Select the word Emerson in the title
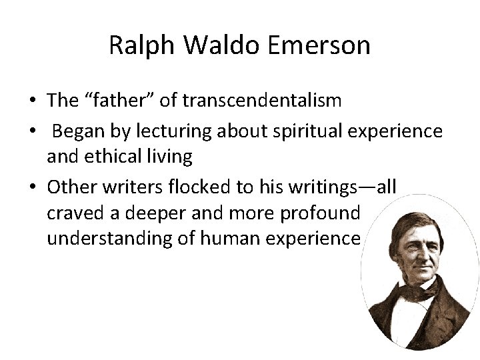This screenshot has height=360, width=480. tap(318, 45)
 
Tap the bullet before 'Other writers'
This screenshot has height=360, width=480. tap(32, 188)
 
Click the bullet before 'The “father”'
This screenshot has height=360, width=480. tap(32, 101)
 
